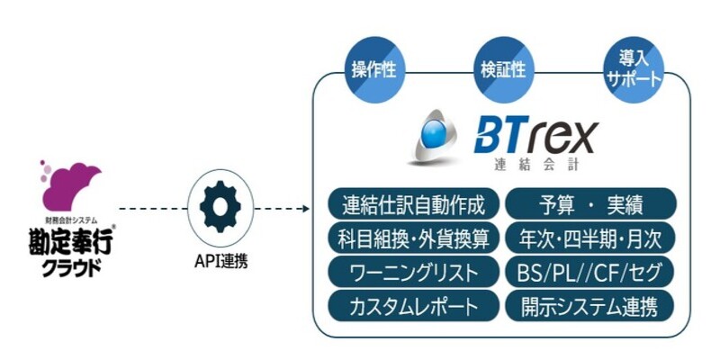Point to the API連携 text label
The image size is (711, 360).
[221, 262]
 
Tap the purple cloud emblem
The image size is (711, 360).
[66, 184]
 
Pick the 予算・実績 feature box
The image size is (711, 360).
[590, 204]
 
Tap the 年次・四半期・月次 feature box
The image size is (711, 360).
[590, 238]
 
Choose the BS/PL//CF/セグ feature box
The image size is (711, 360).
[590, 271]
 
